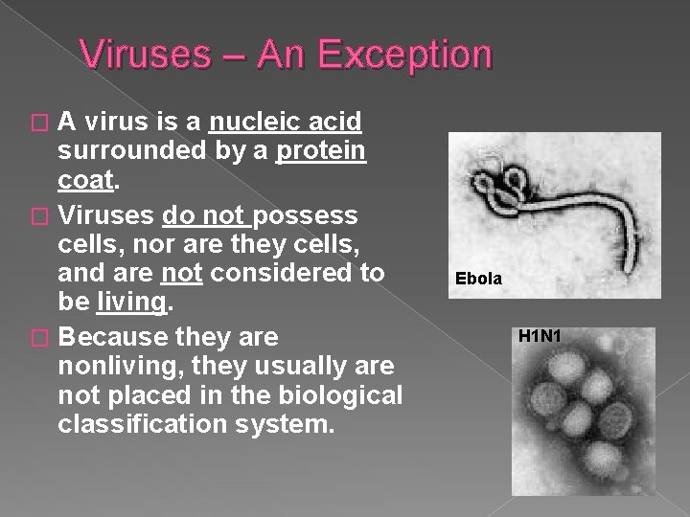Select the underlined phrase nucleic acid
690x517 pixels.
click(286, 122)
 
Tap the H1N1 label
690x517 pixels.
click(540, 336)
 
